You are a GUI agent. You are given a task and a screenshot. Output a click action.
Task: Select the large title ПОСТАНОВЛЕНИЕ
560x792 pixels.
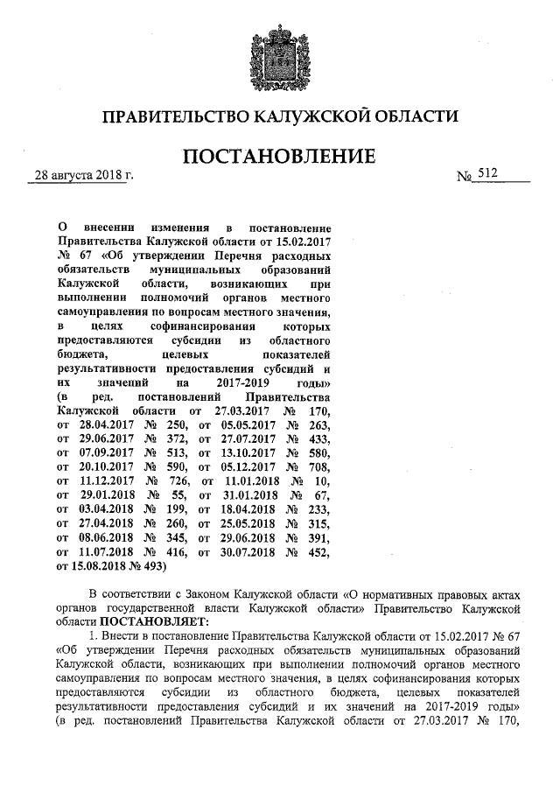click(x=279, y=157)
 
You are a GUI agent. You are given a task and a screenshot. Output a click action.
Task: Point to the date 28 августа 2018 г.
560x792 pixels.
click(x=82, y=176)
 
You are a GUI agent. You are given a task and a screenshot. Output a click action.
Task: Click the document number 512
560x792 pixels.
click(x=487, y=175)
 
